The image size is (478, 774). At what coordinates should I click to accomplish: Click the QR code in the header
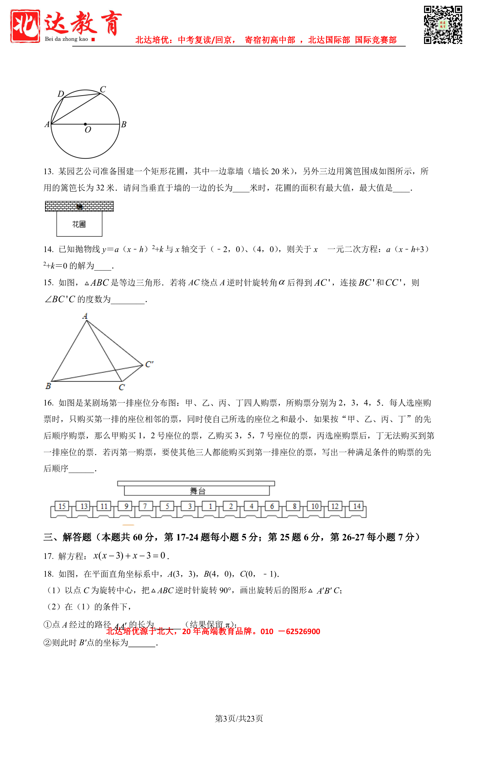(443, 25)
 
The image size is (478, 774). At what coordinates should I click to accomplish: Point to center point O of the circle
(85, 124)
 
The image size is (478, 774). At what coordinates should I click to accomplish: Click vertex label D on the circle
(61, 94)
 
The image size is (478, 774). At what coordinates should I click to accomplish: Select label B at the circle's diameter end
(124, 125)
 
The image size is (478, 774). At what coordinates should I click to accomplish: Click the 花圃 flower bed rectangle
(79, 224)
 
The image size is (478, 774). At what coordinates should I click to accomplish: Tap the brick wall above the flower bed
(79, 207)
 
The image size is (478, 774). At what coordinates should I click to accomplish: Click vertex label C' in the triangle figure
(149, 364)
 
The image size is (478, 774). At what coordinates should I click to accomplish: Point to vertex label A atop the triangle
(85, 316)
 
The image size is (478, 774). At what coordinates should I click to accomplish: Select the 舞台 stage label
(197, 491)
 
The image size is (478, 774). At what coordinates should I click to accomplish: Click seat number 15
(62, 506)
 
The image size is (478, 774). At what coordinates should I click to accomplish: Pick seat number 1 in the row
(210, 506)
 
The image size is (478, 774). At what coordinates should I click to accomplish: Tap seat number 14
(357, 506)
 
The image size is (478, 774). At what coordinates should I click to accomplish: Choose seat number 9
(126, 506)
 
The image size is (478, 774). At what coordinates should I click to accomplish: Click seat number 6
(272, 506)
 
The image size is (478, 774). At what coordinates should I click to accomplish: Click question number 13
(49, 172)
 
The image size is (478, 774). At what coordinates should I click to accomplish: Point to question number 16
(49, 403)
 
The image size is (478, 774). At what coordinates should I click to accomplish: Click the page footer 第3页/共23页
(239, 718)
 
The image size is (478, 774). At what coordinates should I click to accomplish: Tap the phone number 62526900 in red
(303, 632)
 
